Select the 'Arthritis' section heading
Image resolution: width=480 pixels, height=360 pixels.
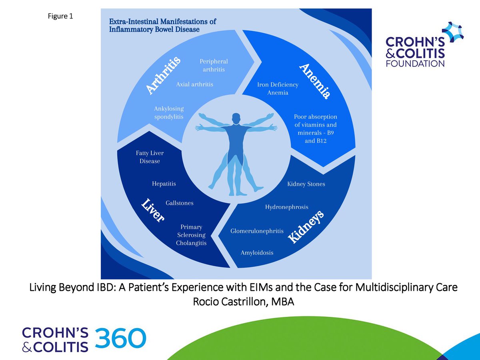[x=163, y=76]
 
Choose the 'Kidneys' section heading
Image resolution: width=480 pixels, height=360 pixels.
[x=306, y=227]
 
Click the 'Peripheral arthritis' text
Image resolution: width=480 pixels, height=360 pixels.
[x=214, y=66]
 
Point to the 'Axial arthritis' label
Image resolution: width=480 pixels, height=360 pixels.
[x=194, y=84]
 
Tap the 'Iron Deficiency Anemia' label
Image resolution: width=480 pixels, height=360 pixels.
[x=278, y=88]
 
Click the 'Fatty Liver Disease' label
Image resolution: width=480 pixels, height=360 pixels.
[x=150, y=157]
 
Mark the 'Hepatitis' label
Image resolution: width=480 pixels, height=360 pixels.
[x=164, y=184]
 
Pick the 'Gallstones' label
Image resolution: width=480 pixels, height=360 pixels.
[x=179, y=203]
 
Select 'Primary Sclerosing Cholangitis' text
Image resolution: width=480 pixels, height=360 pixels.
[x=191, y=235]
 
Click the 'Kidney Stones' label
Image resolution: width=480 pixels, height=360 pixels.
[x=306, y=184]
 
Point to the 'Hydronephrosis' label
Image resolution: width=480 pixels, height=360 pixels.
[x=286, y=207]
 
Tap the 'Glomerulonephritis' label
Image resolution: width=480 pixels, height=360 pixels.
[x=257, y=231]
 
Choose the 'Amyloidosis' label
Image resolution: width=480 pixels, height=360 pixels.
[x=257, y=252]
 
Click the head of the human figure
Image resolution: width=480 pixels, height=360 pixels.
[x=236, y=118]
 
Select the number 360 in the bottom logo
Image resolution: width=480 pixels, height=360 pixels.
[x=120, y=338]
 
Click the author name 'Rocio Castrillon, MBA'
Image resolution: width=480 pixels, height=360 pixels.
[x=243, y=302]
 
